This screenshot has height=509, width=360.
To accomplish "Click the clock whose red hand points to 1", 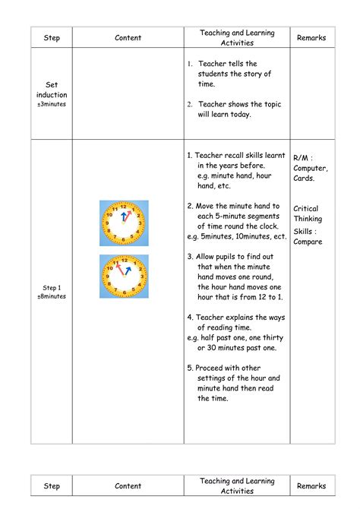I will (x=124, y=223).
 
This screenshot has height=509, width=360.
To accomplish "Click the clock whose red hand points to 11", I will (x=124, y=277).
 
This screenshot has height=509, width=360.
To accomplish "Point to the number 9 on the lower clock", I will (x=108, y=277).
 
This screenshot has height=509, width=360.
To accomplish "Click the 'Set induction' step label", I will (x=52, y=90).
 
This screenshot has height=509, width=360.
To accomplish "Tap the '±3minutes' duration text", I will (x=52, y=104).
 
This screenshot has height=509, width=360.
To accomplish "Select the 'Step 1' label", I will (x=52, y=288).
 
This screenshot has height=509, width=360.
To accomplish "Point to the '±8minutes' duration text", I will (x=52, y=297).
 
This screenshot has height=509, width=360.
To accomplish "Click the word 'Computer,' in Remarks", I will (x=311, y=168).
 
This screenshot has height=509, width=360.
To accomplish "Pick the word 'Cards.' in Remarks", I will (x=304, y=179).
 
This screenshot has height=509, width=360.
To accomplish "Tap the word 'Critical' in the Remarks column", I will (x=306, y=208).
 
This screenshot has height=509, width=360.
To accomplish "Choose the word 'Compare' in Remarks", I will (x=308, y=242).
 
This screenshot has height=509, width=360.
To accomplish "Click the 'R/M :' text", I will (x=305, y=157).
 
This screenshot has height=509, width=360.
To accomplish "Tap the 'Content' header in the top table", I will (x=128, y=37).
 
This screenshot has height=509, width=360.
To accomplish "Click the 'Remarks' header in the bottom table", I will (x=311, y=485).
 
